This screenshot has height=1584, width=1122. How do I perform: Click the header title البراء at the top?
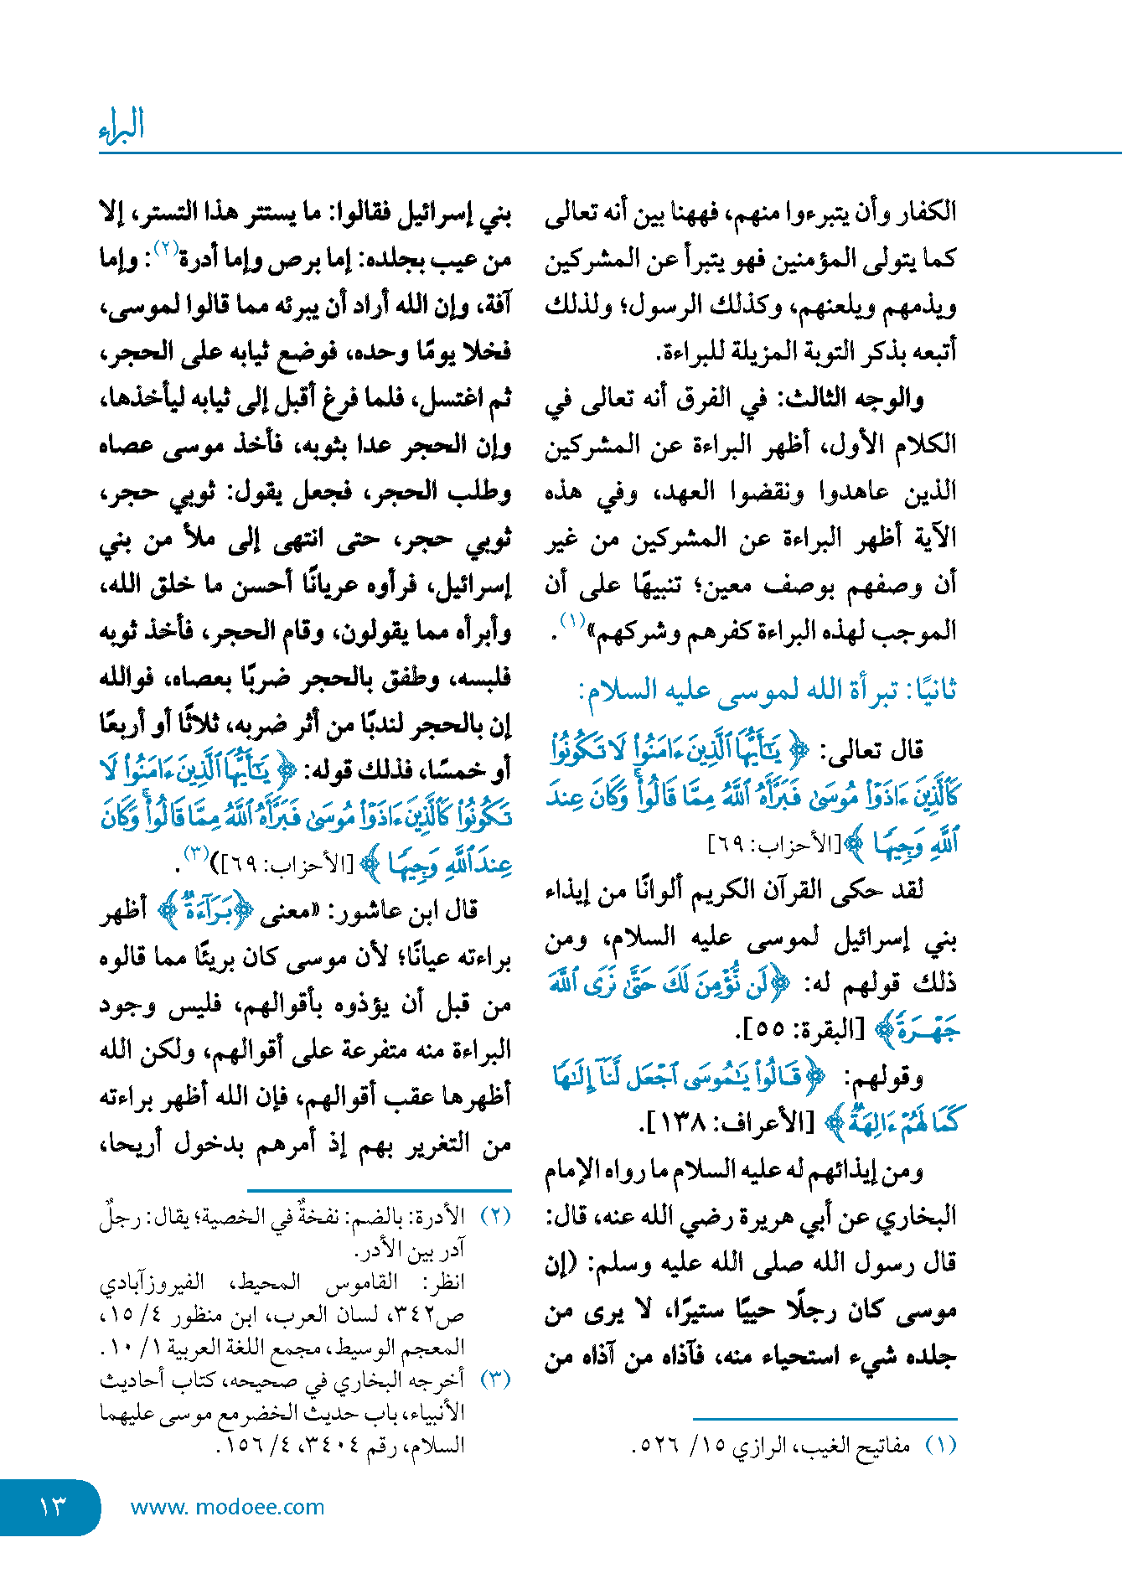click(x=122, y=126)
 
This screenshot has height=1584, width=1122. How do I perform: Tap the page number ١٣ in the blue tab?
click(x=52, y=1507)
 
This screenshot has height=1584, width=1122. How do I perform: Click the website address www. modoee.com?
click(x=227, y=1507)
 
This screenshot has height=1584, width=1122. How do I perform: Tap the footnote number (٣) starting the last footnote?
click(x=494, y=1380)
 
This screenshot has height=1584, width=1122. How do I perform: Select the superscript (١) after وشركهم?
click(x=572, y=621)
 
